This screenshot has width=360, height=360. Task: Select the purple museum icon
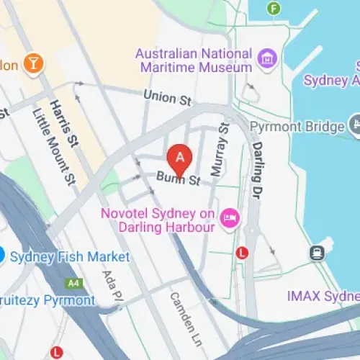tap(268, 58)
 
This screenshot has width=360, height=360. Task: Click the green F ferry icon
tap(273, 9)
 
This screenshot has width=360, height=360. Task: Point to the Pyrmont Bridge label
tap(297, 127)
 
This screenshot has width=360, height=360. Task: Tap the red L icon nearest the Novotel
tap(243, 253)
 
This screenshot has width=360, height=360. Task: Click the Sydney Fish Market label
tap(68, 257)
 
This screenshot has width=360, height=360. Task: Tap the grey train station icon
tap(316, 253)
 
